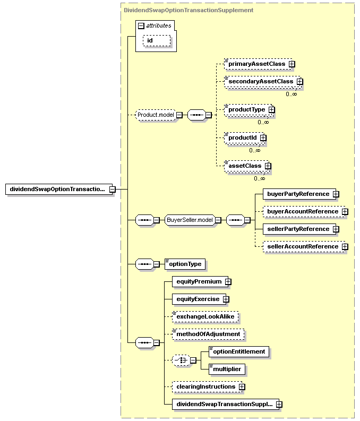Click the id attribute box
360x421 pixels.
point(157,40)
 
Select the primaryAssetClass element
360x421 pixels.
point(258,64)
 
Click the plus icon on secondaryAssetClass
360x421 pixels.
point(300,81)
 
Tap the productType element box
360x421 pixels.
point(248,109)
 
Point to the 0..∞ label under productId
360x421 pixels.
point(254,150)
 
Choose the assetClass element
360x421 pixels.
point(246,166)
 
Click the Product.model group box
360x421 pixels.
point(156,115)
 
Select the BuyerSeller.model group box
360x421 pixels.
point(190,220)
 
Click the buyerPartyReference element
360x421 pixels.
point(299,194)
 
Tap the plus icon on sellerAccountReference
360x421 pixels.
point(345,246)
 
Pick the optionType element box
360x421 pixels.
point(185,264)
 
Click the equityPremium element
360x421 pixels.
point(200,282)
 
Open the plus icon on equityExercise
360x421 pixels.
point(226,299)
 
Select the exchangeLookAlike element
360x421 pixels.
point(205,316)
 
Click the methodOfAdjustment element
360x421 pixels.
point(208,334)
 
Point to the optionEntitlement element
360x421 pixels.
point(239,351)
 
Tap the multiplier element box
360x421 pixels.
point(227,369)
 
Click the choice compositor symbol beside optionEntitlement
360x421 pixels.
point(181,360)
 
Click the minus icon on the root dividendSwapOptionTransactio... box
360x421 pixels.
point(113,190)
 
